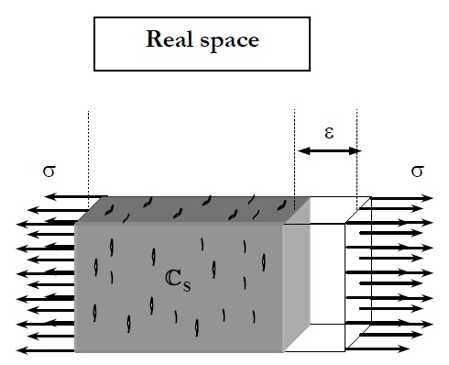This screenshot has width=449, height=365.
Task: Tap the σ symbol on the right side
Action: click(x=417, y=171)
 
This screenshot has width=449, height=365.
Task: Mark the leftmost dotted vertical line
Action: click(x=89, y=147)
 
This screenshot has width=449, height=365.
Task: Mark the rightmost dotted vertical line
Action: click(x=356, y=128)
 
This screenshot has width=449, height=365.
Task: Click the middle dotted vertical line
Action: click(x=295, y=147)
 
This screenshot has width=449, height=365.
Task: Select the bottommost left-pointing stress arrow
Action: click(x=46, y=350)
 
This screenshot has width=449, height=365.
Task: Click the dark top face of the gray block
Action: click(x=183, y=209)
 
